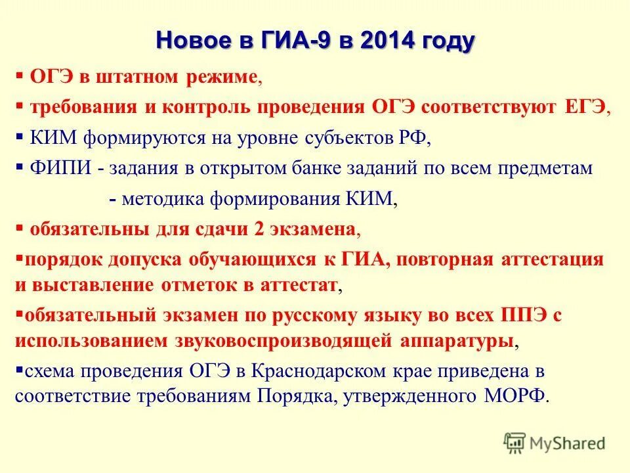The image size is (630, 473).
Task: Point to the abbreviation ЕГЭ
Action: [585, 107]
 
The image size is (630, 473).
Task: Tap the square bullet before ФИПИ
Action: [20, 167]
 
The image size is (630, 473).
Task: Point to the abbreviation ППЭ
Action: [521, 315]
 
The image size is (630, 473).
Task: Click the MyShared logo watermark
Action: [555, 442]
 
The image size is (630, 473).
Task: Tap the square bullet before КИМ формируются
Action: [20, 137]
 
